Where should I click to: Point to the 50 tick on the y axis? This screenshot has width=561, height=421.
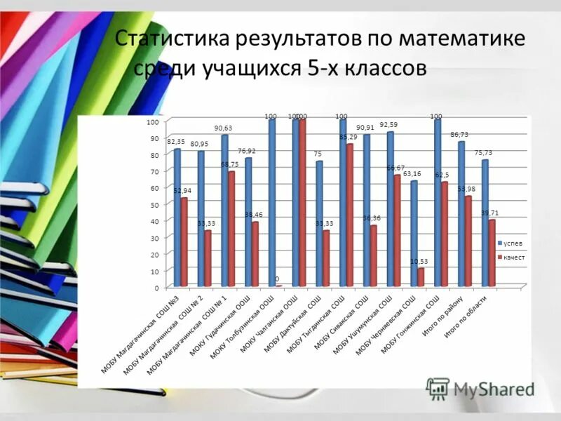pos(153,204)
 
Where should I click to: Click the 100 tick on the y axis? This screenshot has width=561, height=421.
pos(153,122)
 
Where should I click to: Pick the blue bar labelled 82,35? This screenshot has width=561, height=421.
pos(177,218)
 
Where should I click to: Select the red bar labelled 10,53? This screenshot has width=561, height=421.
pos(421,277)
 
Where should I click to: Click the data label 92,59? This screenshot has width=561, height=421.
pos(388,125)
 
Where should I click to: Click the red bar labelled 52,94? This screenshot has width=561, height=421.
pos(184,242)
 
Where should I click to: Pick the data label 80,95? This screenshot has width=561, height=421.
pos(199,143)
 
